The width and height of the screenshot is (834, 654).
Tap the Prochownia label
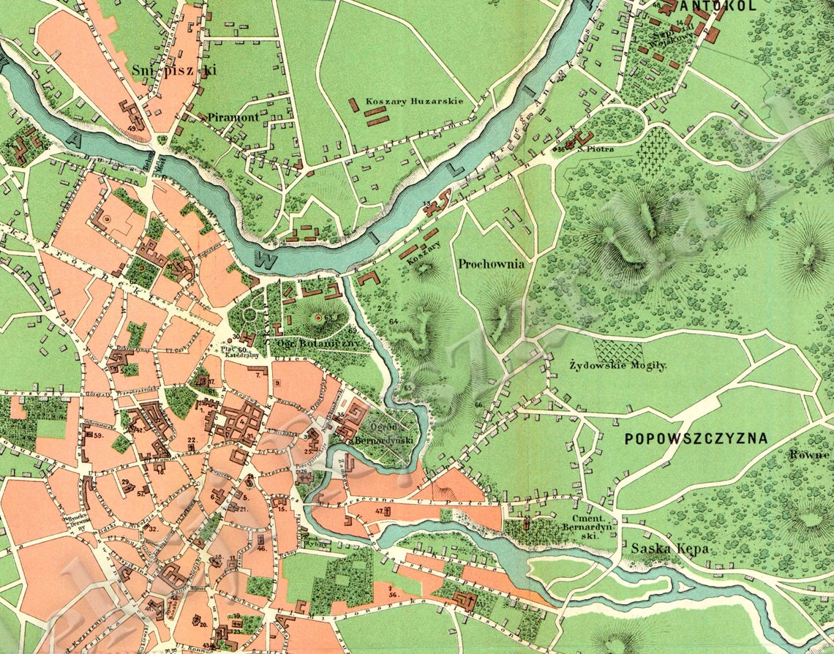coord(492,264)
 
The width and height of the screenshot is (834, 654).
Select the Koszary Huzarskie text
coord(405,101)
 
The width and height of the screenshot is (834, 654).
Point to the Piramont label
coord(233,117)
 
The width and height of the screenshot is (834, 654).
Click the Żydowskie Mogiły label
coord(618,364)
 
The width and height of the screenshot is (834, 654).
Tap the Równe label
coord(809,454)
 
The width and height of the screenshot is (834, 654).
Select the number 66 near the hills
coord(478,405)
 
